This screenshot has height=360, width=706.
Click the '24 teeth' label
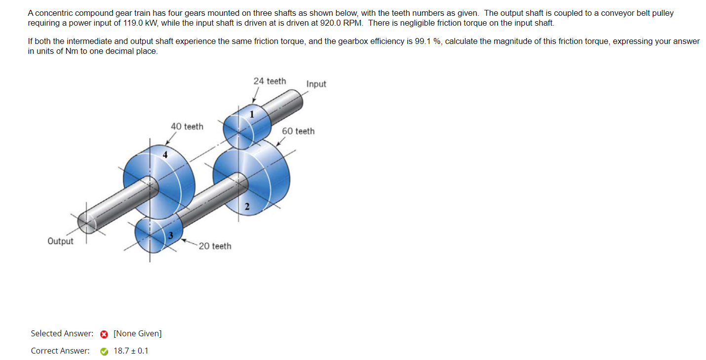tap(270, 81)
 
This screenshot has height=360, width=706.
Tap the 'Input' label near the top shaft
tap(316, 84)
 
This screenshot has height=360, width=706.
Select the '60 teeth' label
tap(298, 131)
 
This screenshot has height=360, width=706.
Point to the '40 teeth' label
tap(187, 126)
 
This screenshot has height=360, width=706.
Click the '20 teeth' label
tap(215, 246)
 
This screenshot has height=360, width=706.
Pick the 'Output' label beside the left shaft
tap(60, 241)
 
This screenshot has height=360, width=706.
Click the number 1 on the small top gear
tap(252, 115)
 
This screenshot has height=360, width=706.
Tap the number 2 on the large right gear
tap(247, 206)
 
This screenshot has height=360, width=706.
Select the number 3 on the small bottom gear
tap(170, 235)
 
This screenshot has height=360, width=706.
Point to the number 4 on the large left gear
tap(165, 155)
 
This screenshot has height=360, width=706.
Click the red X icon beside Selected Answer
tap(104, 334)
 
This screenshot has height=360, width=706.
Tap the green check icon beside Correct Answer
tap(104, 351)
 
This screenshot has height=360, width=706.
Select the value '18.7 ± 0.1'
tap(131, 351)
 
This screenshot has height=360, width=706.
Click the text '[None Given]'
tap(137, 334)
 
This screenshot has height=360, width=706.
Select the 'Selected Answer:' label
tap(62, 334)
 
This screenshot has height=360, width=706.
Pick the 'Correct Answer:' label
tap(60, 351)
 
